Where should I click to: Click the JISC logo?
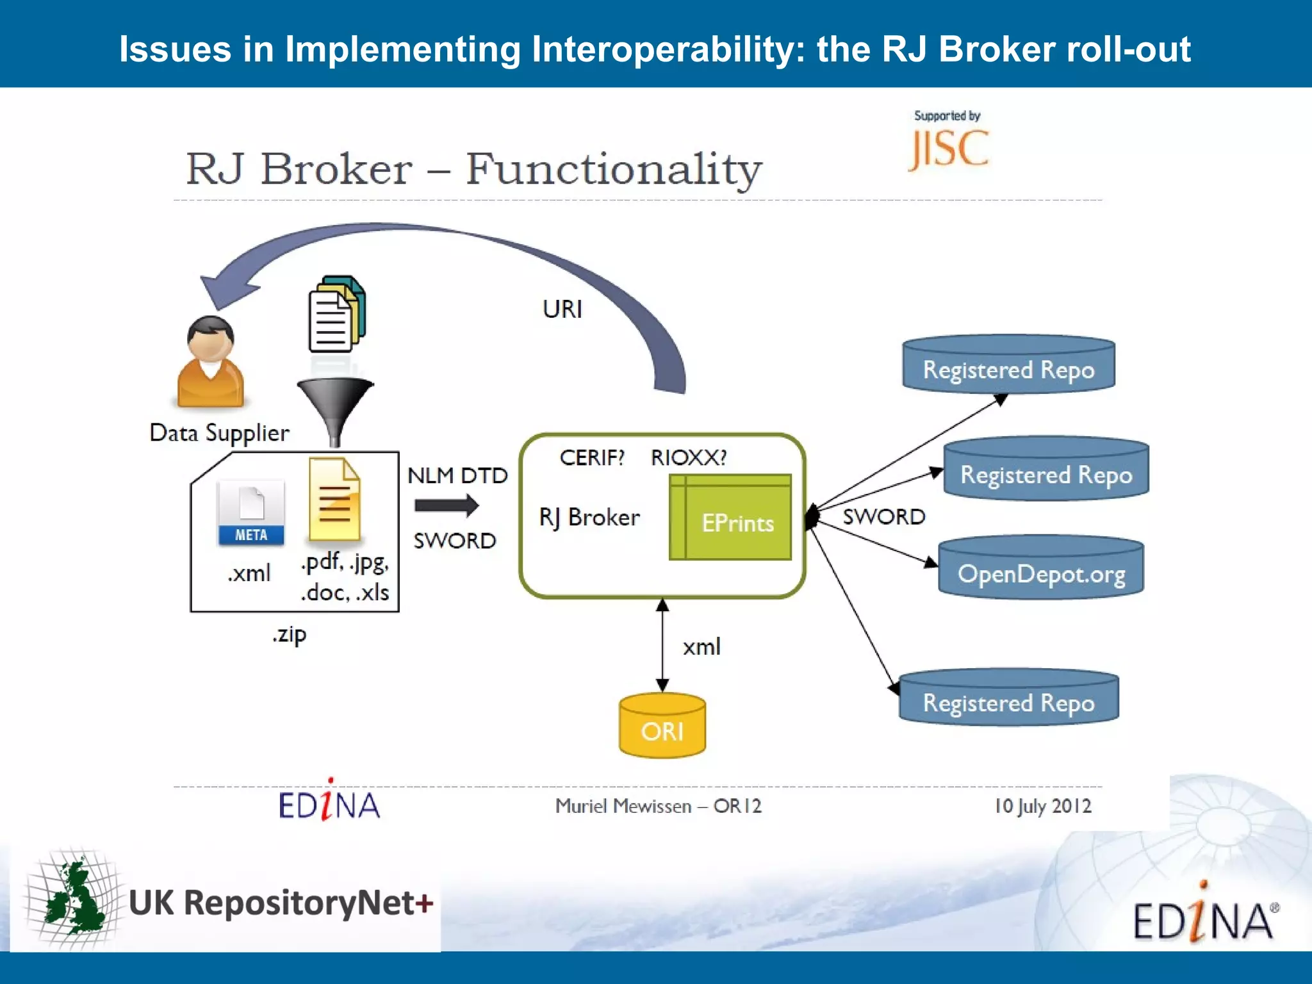pos(949,148)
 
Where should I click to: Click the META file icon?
pos(251,512)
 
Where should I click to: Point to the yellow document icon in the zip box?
pos(334,499)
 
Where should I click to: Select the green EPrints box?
pos(730,518)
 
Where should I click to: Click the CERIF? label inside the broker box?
pos(591,457)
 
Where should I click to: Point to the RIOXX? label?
pos(689,457)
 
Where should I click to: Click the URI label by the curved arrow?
pos(562,309)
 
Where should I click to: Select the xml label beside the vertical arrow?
pos(701,647)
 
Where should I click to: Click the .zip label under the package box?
pos(290,635)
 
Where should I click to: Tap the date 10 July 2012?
pos(1042,806)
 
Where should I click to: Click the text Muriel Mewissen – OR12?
pos(658,806)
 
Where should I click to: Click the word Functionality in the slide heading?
pos(613,169)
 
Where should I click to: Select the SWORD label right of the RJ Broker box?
pos(883,516)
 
